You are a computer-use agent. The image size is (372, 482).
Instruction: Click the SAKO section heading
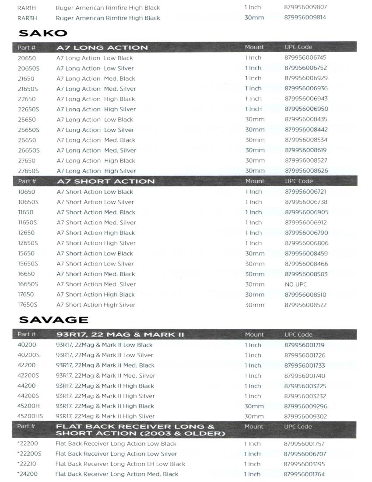pyautogui.click(x=43, y=33)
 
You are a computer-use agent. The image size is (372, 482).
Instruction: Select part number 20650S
pyautogui.click(x=28, y=68)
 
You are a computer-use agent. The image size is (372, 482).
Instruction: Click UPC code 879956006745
pyautogui.click(x=305, y=58)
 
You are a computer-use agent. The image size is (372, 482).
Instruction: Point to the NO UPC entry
pyautogui.click(x=296, y=284)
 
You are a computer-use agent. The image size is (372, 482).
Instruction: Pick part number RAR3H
pyautogui.click(x=27, y=18)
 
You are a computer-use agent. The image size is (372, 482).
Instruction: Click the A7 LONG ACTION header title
pyautogui.click(x=102, y=47)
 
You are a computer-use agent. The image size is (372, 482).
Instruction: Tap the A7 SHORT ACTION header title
pyautogui.click(x=105, y=181)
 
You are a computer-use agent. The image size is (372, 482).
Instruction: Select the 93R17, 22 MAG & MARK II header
pyautogui.click(x=120, y=335)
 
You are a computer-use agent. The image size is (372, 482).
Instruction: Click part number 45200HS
pyautogui.click(x=30, y=416)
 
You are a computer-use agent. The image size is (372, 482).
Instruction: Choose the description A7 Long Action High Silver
pyautogui.click(x=96, y=171)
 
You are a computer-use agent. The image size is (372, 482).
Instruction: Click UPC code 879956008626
pyautogui.click(x=306, y=171)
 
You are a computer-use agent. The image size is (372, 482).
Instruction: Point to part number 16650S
pyautogui.click(x=28, y=284)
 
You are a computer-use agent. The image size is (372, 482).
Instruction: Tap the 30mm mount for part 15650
pyautogui.click(x=255, y=253)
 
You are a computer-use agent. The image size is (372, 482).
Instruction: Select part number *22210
pyautogui.click(x=27, y=464)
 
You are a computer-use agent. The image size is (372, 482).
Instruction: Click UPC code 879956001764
pyautogui.click(x=305, y=474)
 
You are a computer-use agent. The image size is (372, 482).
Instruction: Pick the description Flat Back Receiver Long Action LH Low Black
pyautogui.click(x=120, y=464)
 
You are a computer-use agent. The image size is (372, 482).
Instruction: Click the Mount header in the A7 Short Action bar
pyautogui.click(x=255, y=181)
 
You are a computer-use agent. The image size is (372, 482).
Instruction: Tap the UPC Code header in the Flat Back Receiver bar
pyautogui.click(x=298, y=426)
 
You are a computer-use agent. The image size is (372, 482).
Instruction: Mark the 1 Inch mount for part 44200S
pyautogui.click(x=253, y=396)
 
